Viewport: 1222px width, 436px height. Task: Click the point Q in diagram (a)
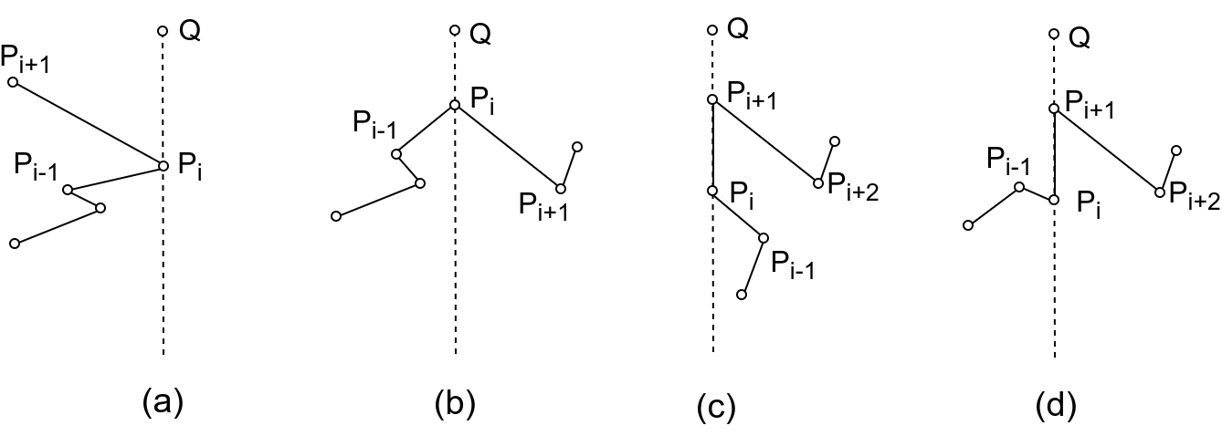click(x=163, y=32)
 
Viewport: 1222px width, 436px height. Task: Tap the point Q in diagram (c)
click(x=712, y=31)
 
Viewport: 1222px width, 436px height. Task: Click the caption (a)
click(x=163, y=401)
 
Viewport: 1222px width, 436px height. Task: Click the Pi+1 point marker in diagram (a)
click(x=13, y=82)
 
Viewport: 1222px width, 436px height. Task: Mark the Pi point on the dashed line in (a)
click(x=163, y=166)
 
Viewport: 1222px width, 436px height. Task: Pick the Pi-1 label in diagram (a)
click(x=36, y=166)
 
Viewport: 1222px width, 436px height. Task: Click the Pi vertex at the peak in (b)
click(x=455, y=105)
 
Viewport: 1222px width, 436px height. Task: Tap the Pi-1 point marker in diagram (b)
click(x=396, y=153)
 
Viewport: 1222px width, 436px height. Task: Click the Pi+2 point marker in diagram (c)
click(x=818, y=183)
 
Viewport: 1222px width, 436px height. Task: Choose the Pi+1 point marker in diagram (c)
click(x=712, y=99)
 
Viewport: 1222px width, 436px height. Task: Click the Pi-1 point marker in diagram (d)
click(x=1019, y=187)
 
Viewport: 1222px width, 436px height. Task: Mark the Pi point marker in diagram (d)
click(x=1054, y=199)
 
